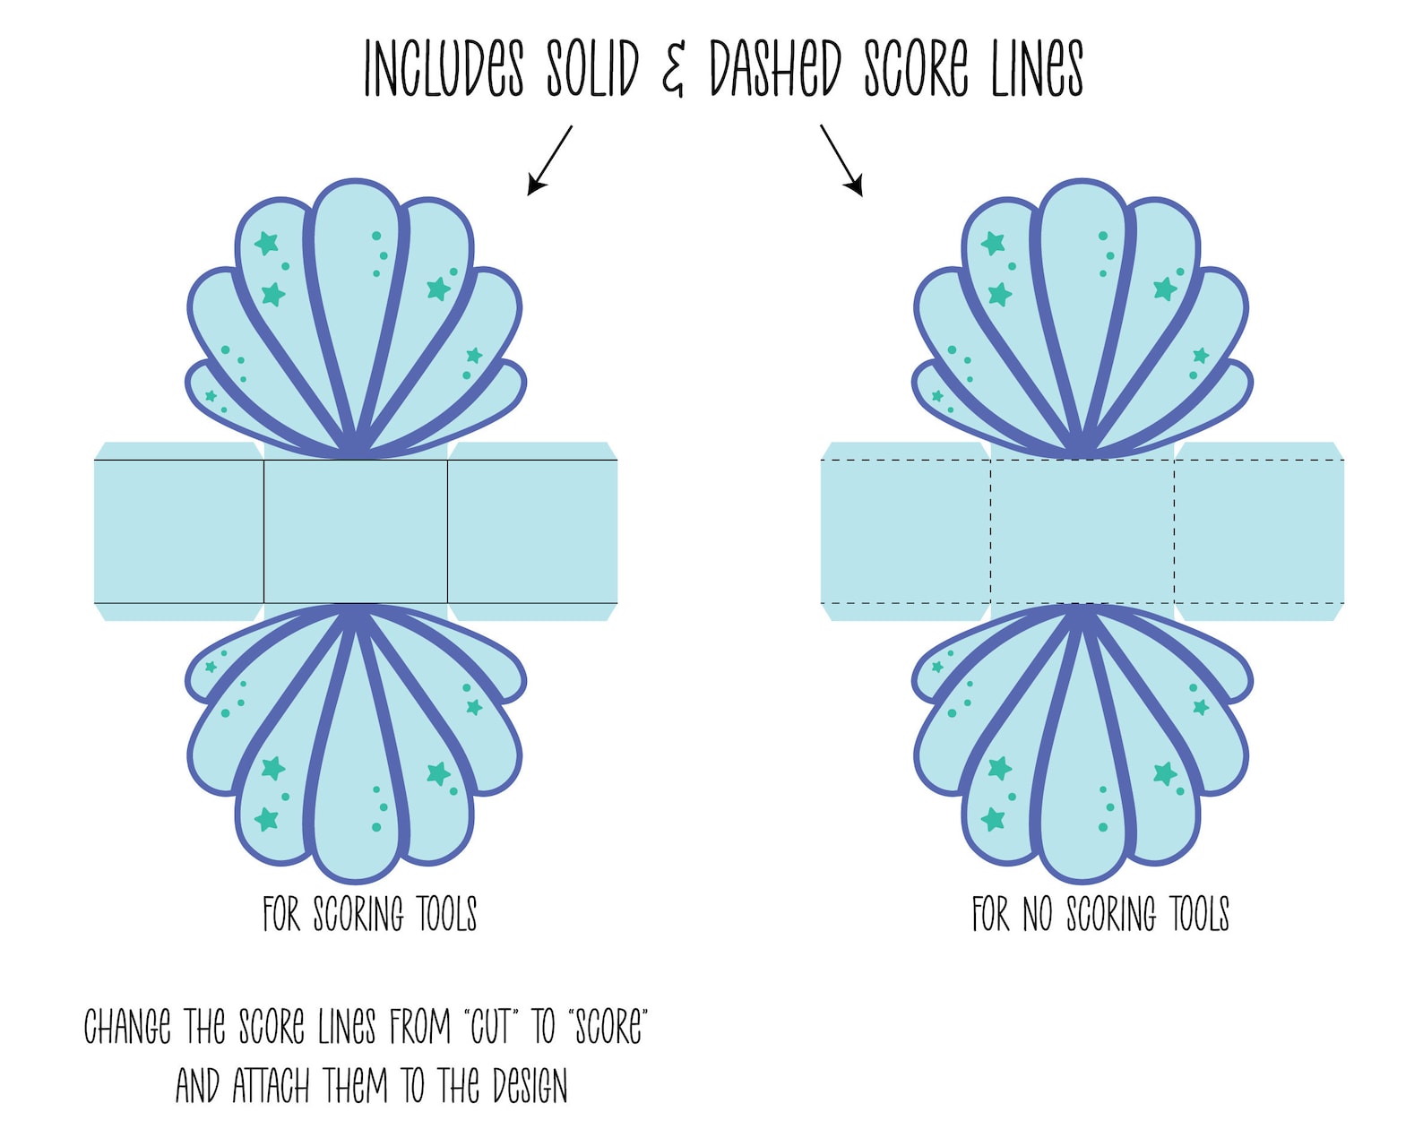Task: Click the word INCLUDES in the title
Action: point(444,68)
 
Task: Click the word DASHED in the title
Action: point(775,68)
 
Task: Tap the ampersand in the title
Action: point(673,70)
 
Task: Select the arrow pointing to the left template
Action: point(549,160)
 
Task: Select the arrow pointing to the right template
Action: point(841,160)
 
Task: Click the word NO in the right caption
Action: point(1037,914)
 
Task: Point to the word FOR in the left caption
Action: point(281,914)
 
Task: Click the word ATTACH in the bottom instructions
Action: point(271,1086)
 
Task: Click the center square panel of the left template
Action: point(356,531)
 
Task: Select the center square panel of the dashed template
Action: point(1082,531)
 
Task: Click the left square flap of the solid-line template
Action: point(179,531)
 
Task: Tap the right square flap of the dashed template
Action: point(1259,531)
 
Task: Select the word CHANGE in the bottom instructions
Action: point(127,1027)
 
